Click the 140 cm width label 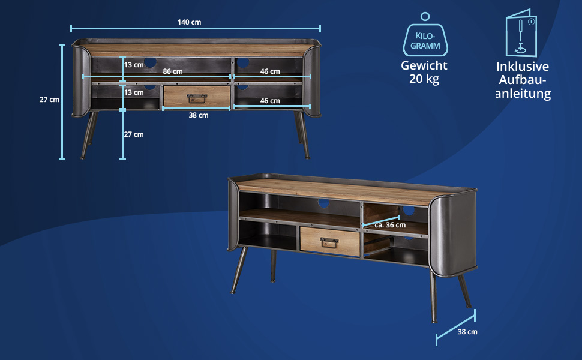tap(189, 22)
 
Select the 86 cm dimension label tap(173, 71)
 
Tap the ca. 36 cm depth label tap(390, 225)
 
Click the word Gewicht tap(424, 66)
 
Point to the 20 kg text tap(424, 79)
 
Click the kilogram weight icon tap(425, 37)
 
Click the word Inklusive tap(523, 67)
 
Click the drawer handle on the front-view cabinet tap(197, 98)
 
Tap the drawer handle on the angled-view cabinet tap(328, 242)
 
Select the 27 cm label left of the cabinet tap(49, 100)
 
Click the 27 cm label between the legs tap(134, 134)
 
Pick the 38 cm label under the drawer tap(199, 115)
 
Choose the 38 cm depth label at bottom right tap(467, 331)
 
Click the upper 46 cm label tap(270, 71)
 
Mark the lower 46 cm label tap(270, 101)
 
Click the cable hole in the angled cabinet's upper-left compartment tap(324, 203)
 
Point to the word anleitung tap(523, 94)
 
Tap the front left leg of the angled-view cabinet tap(239, 271)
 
